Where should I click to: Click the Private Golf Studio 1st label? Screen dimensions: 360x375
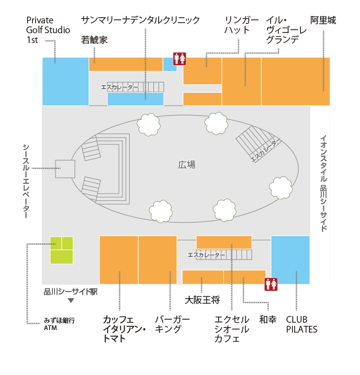click(x=48, y=30)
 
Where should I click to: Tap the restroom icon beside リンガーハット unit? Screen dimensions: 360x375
click(x=180, y=59)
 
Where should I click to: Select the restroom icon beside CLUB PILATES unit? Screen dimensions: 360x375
click(x=271, y=285)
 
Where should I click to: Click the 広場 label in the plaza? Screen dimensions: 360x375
click(x=186, y=165)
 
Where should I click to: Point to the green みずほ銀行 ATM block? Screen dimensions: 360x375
click(x=62, y=250)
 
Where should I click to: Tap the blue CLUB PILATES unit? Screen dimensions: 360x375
click(x=290, y=260)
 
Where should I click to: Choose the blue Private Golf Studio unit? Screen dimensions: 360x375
click(x=65, y=81)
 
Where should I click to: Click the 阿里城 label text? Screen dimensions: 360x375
click(x=323, y=20)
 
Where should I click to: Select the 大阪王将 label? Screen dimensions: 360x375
click(x=202, y=300)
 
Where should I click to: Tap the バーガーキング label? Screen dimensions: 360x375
click(x=172, y=325)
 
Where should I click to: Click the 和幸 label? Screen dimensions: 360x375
click(x=268, y=320)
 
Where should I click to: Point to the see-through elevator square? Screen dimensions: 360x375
click(x=65, y=169)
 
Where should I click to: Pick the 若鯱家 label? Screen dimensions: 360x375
click(x=94, y=40)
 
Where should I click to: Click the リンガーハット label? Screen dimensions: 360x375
click(x=241, y=25)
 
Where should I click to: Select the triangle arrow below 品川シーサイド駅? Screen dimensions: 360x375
click(x=71, y=301)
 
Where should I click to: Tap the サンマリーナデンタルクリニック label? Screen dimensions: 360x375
click(x=140, y=20)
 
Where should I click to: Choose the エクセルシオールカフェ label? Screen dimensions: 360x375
click(x=232, y=329)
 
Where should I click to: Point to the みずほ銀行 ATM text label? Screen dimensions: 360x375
click(x=59, y=324)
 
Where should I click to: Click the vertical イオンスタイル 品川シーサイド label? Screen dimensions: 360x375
click(x=324, y=183)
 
